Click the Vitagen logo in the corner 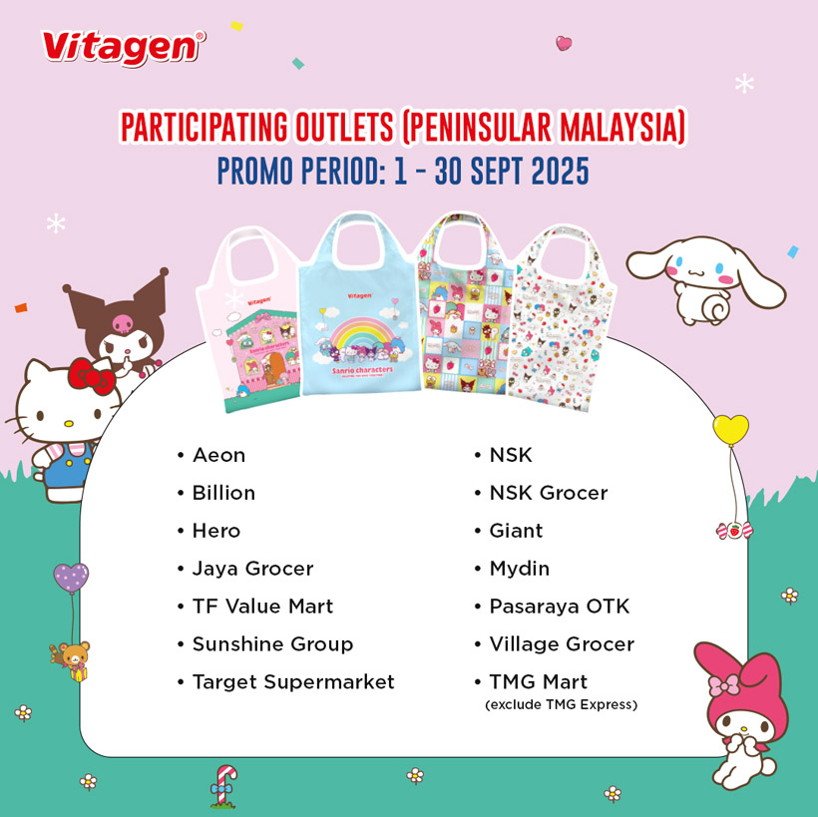(123, 49)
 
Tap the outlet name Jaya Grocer (253, 569)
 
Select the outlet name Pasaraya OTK (560, 607)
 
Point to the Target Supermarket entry (293, 682)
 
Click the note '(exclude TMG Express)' (562, 705)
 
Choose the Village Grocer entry (562, 644)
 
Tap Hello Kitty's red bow (91, 376)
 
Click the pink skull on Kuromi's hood (124, 323)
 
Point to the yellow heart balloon (730, 429)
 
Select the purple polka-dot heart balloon (71, 578)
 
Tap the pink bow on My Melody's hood (723, 684)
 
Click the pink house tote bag (249, 323)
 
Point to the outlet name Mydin (520, 569)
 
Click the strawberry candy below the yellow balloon (734, 531)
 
